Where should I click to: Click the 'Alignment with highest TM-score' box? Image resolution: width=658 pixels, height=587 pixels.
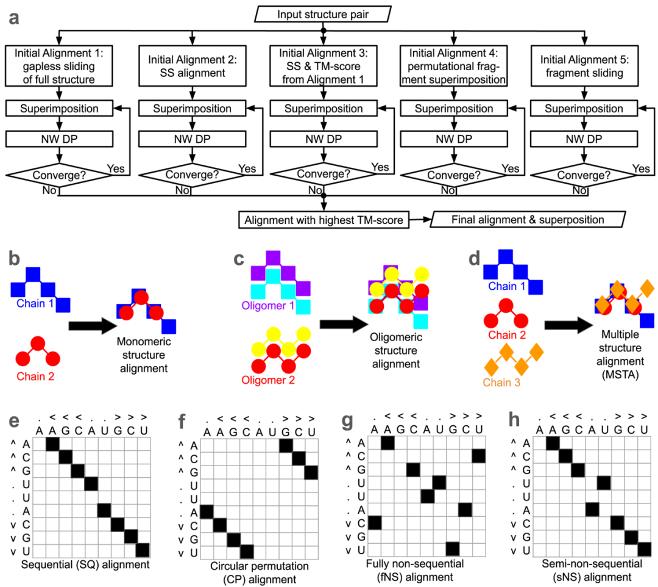click(x=323, y=219)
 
